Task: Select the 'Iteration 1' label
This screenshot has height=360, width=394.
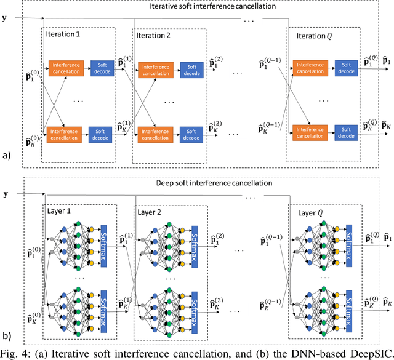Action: point(64,34)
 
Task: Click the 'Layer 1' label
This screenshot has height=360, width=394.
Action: point(60,210)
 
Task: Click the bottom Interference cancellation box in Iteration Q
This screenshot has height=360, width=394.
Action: point(311,133)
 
